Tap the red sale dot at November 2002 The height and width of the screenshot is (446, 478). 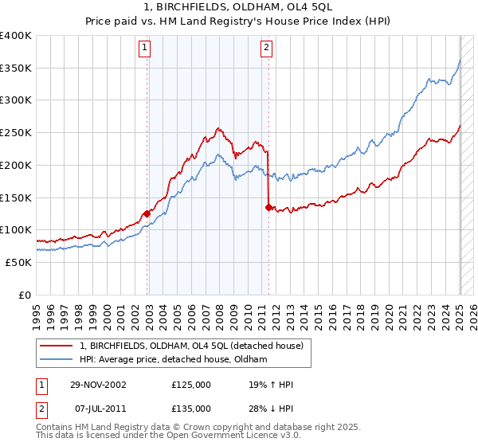(147, 213)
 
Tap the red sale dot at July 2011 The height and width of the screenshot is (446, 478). (268, 207)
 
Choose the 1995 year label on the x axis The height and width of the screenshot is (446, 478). (37, 314)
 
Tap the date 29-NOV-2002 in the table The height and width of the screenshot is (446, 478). (99, 385)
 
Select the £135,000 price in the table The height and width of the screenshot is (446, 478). (191, 408)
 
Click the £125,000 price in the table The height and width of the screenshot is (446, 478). (191, 385)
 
